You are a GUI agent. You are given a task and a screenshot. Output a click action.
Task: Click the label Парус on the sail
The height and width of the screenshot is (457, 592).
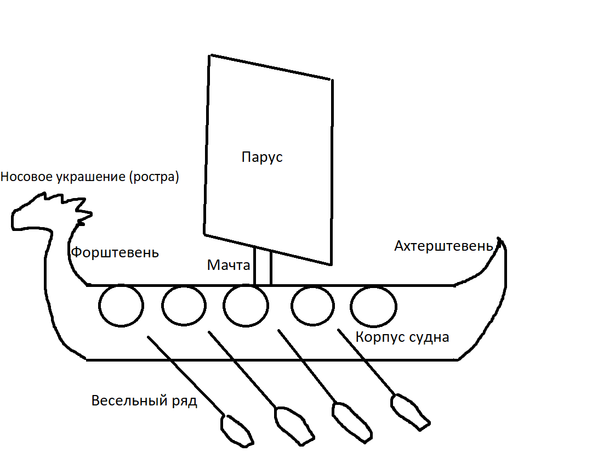click(262, 157)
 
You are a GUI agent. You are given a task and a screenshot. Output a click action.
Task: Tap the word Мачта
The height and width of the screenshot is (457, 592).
click(229, 265)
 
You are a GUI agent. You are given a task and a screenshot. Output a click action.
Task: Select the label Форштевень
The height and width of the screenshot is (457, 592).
click(115, 252)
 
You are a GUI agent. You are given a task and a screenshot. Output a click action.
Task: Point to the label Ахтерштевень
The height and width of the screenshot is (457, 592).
click(443, 246)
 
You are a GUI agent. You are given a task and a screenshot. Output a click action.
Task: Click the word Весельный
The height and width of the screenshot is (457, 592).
click(129, 400)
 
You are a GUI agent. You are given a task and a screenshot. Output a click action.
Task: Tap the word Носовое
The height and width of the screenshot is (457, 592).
click(27, 177)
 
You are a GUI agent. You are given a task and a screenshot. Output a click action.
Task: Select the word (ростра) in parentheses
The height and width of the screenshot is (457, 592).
click(154, 177)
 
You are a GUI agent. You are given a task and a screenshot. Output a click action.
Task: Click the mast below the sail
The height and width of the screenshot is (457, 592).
click(263, 266)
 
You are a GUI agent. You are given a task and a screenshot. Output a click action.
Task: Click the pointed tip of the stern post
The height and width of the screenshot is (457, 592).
click(499, 238)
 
